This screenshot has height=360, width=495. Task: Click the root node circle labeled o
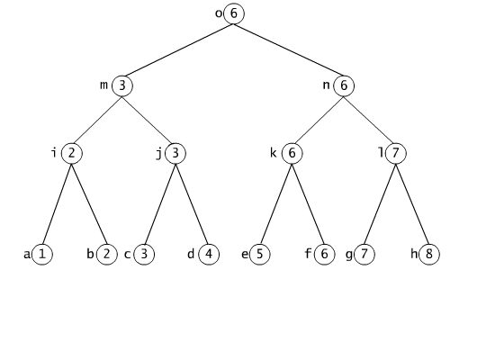tap(234, 13)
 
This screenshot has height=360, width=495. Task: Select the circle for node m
tap(122, 85)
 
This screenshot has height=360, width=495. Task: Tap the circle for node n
tap(344, 85)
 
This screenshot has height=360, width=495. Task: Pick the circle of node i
tap(72, 154)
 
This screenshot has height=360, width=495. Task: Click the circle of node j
tap(175, 154)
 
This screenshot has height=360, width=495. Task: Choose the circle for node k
tap(292, 154)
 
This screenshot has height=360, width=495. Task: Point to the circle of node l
tap(396, 154)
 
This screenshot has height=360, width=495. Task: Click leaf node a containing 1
tap(42, 254)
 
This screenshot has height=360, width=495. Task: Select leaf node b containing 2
tap(107, 254)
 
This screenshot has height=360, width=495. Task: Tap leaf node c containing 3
tap(144, 254)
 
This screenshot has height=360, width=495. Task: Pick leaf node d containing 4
tap(209, 254)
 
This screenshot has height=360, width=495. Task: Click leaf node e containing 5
tap(260, 254)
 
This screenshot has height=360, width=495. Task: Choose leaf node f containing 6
tap(324, 254)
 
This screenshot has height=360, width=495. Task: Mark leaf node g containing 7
tap(364, 254)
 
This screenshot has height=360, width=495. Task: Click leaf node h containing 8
tap(429, 254)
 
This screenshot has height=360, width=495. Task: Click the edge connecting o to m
tap(179, 49)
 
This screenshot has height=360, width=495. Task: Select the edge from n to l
tap(368, 120)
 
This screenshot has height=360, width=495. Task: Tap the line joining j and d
tap(192, 204)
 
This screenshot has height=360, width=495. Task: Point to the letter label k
tap(274, 153)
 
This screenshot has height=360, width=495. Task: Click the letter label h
tap(414, 254)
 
